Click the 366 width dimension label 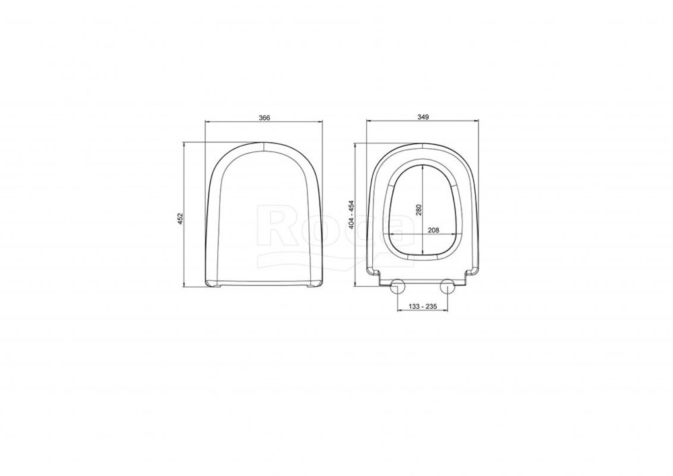tap(264, 118)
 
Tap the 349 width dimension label tap(423, 116)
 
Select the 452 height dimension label tap(180, 217)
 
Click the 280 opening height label tap(419, 209)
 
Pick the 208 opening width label tap(433, 230)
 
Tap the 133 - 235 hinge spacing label tap(423, 306)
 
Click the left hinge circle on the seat tap(397, 286)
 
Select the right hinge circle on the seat tap(448, 286)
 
